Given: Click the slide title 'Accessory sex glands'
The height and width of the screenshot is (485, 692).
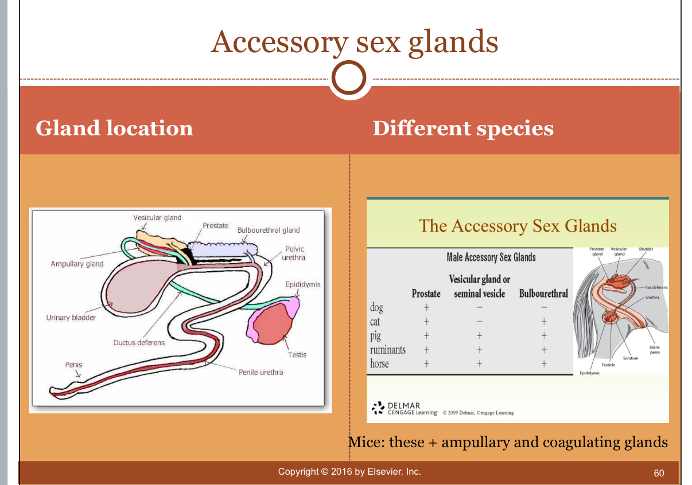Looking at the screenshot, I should tap(354, 42).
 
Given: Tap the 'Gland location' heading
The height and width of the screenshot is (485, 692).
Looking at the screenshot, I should tap(114, 128).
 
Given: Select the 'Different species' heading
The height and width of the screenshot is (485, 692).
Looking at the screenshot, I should tap(462, 128).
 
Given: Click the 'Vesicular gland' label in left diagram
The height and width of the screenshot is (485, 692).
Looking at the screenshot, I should tap(157, 218).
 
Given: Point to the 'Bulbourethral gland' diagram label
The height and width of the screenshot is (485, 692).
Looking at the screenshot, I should tap(269, 230).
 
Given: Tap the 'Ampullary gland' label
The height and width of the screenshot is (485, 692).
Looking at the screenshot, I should tap(77, 264).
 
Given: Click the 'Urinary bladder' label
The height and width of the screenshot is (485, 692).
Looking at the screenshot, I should tap(71, 318).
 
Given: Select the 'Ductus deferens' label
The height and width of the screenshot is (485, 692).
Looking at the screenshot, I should tap(139, 343).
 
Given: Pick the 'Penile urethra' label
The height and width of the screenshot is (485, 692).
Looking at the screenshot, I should tap(261, 372).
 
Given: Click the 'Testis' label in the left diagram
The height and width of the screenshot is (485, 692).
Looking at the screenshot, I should tap(297, 355).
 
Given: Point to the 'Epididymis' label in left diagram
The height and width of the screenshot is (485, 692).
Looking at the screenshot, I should tap(302, 284).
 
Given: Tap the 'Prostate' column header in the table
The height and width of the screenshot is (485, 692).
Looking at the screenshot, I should tap(426, 294).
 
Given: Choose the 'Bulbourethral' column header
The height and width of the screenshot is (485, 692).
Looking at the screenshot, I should tap(543, 294).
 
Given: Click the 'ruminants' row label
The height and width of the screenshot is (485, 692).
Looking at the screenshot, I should tap(388, 349).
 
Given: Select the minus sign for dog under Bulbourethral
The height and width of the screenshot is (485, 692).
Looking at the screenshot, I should tap(543, 308).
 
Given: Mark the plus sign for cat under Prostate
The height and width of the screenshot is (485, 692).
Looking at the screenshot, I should tap(426, 322).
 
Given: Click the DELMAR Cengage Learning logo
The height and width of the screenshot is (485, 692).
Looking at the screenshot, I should tap(404, 408).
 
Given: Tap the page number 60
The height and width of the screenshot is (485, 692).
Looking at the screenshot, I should tap(659, 473).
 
